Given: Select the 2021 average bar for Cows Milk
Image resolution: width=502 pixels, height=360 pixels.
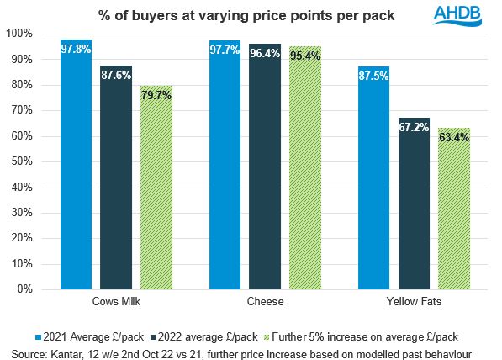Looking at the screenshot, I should pos(76,164).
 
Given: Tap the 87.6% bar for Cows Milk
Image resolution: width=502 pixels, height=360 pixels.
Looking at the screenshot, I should pos(116,177).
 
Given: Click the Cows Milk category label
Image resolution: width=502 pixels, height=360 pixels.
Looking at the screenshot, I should pos(116,300).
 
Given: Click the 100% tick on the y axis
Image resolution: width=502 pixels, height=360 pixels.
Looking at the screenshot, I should pos(18,34).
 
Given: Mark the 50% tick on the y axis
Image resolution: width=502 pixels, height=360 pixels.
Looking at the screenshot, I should pos(21,161).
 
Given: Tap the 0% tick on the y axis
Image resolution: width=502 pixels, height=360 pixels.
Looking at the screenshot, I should pos(24,289).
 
